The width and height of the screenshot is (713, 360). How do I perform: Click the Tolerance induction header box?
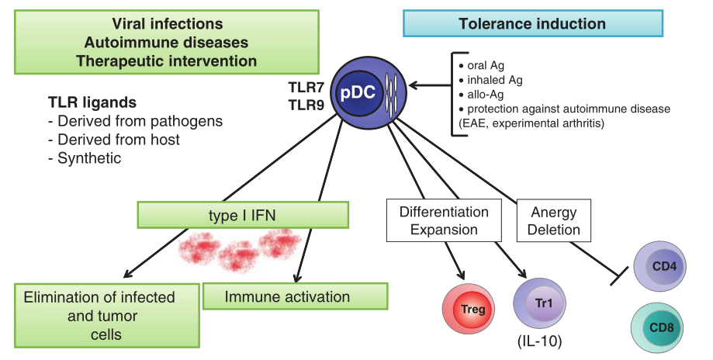(x=531, y=24)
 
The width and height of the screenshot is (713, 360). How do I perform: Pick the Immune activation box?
(x=294, y=296)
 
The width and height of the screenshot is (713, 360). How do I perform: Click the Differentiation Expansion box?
(x=444, y=220)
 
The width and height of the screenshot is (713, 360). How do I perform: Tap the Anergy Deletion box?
(x=556, y=220)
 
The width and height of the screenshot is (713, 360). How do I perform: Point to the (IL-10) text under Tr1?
(x=538, y=341)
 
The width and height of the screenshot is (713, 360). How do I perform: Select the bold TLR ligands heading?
(x=92, y=102)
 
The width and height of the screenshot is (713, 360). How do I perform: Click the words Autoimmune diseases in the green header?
(x=167, y=42)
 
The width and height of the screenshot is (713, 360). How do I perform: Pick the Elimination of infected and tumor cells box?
(x=99, y=316)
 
